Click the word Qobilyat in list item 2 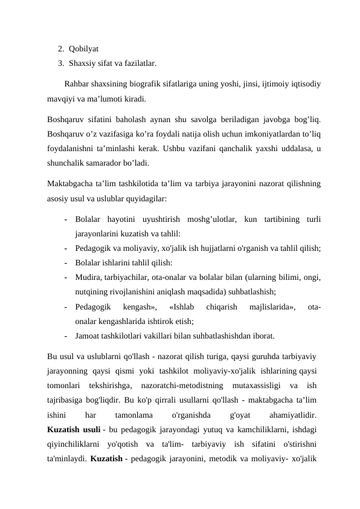pos(84,48)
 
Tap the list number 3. pos(60,62)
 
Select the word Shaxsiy pos(83,62)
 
